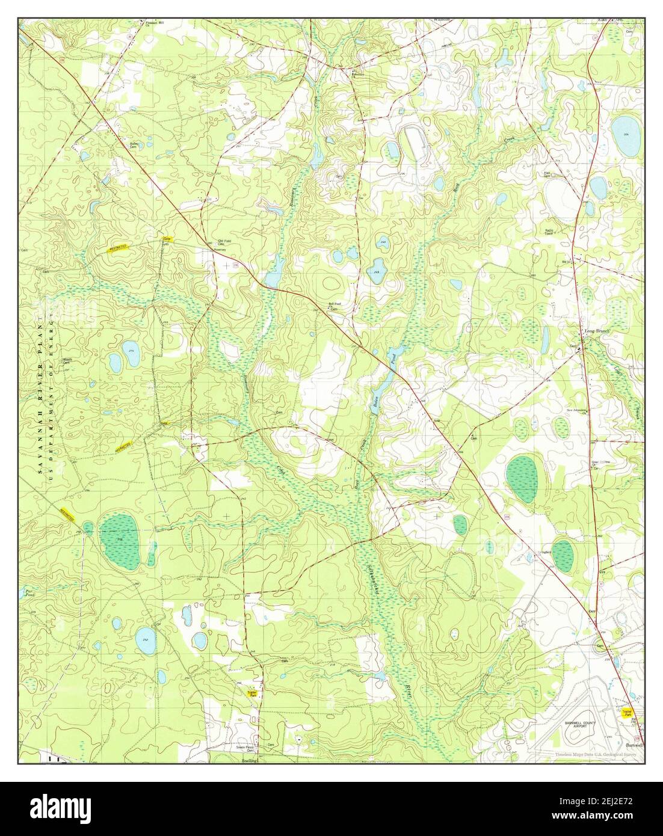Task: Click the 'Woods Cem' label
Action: (69, 361)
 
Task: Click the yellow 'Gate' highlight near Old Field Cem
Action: (166, 239)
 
